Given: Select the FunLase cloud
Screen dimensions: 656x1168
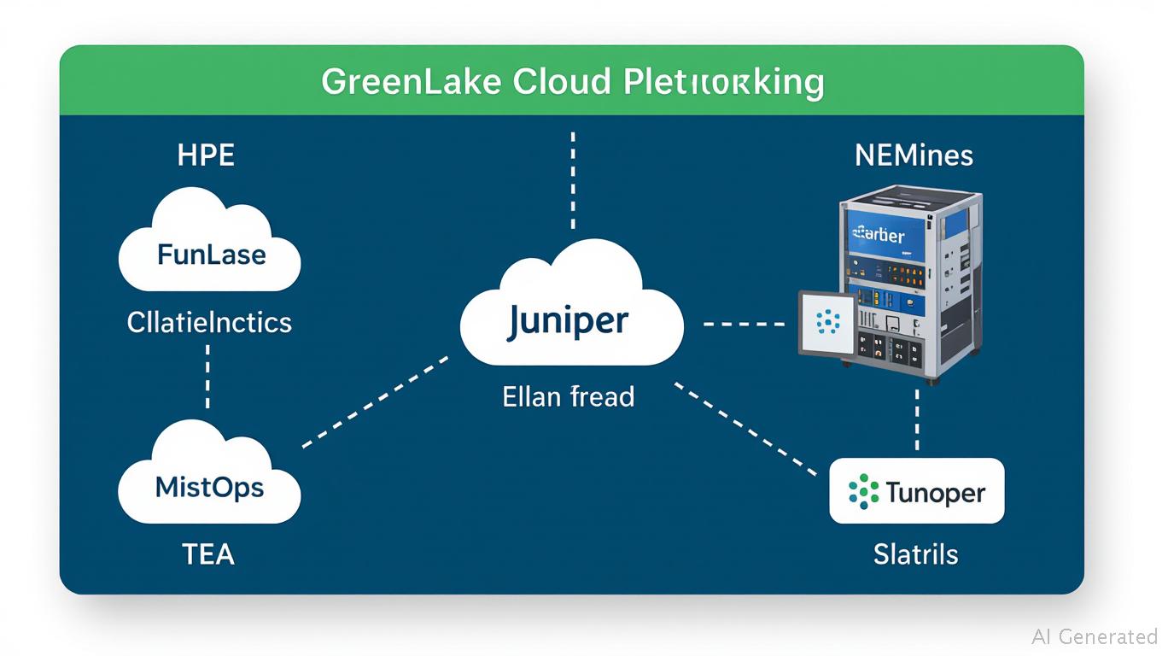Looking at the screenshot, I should coord(211,254).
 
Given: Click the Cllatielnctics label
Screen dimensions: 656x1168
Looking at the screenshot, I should coord(209,322).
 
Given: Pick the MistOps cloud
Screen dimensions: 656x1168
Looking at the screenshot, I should coord(209,488).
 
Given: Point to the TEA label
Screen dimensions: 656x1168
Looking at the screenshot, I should coord(208,554).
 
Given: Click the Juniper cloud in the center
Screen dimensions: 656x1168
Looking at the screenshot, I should coord(570,321).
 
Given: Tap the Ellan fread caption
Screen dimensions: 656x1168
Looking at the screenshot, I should coord(569,396).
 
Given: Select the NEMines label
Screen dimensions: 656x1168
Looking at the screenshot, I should coord(914,155).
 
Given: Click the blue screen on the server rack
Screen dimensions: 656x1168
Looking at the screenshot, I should coord(877,235).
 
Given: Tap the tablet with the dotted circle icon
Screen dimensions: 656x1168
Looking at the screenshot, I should coord(826,323).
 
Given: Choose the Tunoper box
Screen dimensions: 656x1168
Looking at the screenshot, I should coord(916,491).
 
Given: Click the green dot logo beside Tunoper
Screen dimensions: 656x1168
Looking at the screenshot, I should coord(864,491).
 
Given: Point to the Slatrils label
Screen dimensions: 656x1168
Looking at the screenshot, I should coord(915,554).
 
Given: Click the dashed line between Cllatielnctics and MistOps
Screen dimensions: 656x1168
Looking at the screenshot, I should coord(207,376).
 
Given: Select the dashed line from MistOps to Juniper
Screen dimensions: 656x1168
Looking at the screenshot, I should coord(376,401).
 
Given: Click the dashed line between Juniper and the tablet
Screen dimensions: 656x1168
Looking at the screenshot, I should coord(743,325).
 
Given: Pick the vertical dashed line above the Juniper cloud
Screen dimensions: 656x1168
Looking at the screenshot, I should coord(573,179).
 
